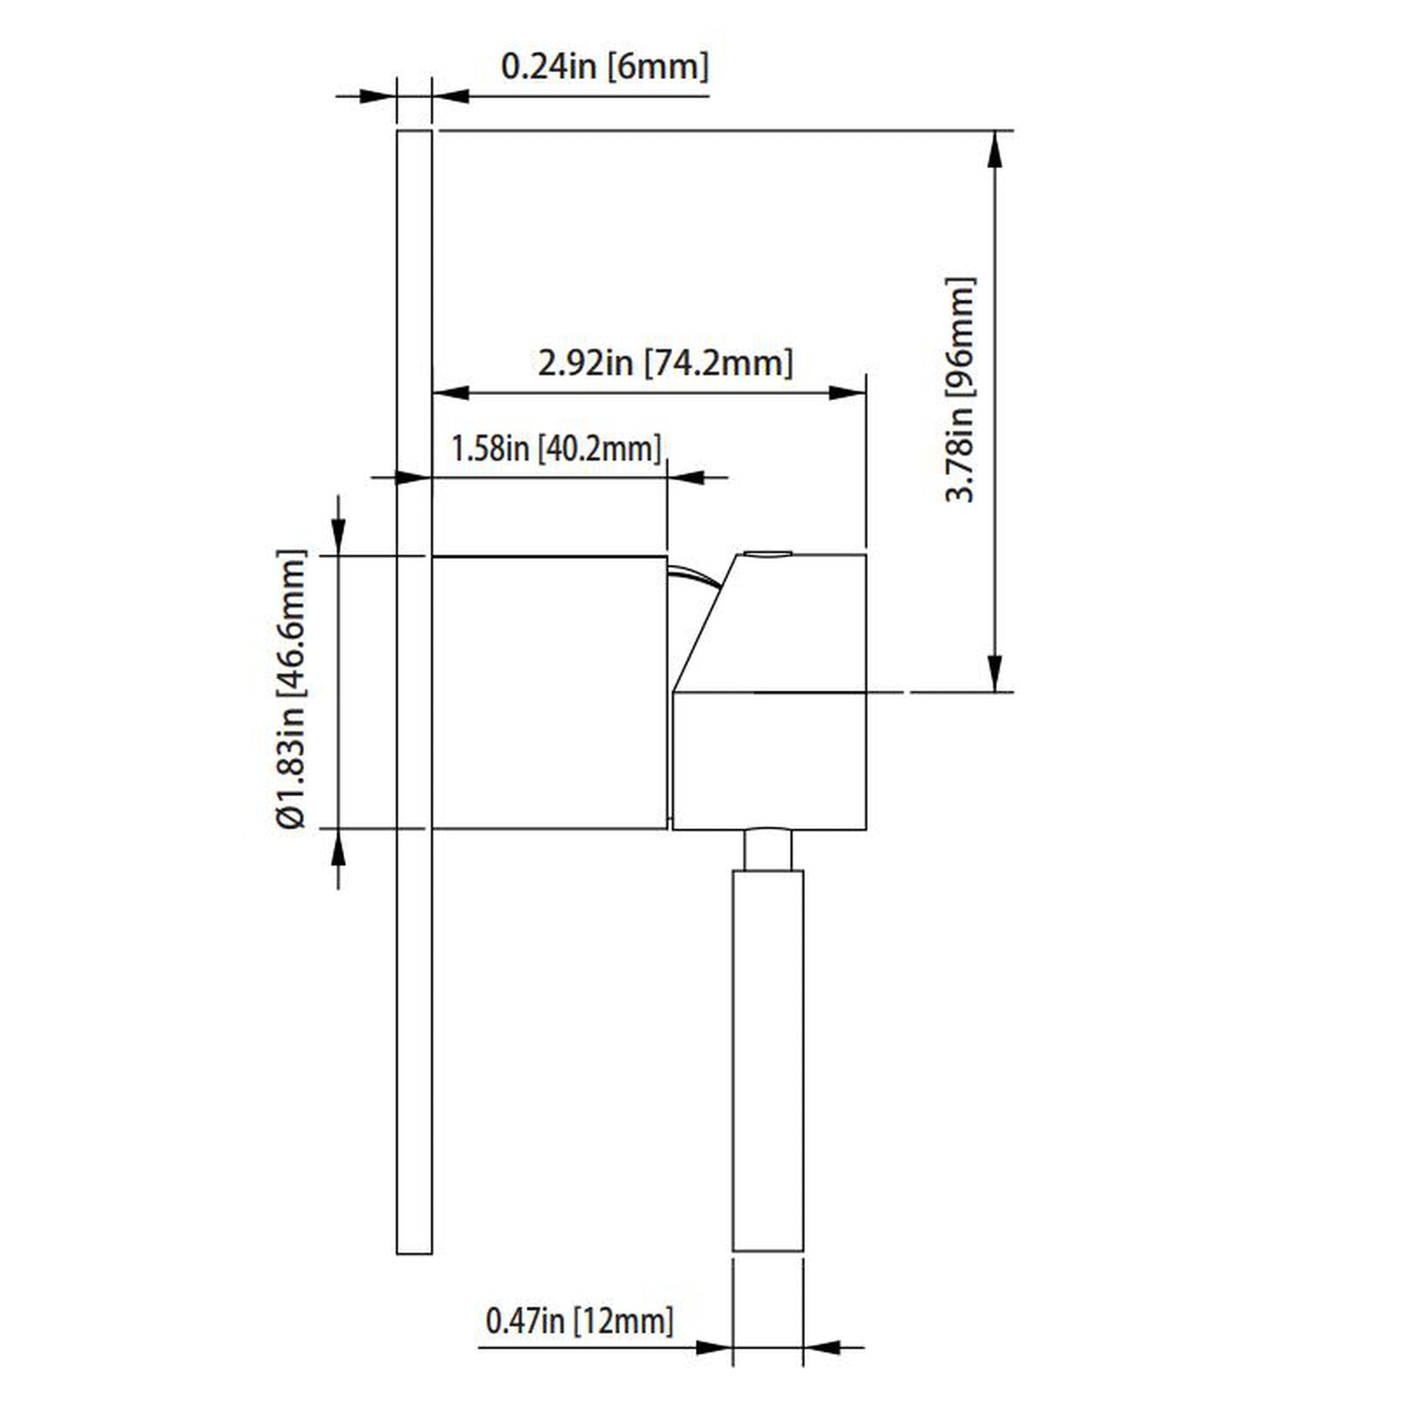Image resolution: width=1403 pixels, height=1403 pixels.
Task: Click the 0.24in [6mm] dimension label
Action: click(x=604, y=67)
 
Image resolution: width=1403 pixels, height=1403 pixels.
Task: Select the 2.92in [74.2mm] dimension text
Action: click(x=665, y=363)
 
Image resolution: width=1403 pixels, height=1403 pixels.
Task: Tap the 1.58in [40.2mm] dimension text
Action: click(x=557, y=448)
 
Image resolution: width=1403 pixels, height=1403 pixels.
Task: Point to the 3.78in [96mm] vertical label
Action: click(x=960, y=389)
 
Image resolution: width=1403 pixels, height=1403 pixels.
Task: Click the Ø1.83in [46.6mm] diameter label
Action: click(x=292, y=690)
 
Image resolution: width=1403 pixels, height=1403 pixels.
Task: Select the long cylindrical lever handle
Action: click(x=768, y=1061)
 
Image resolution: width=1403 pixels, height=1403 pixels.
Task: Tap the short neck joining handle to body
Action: click(x=768, y=849)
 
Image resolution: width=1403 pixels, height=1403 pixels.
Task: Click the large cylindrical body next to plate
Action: click(x=549, y=692)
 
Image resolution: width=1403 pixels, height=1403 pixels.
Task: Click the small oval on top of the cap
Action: click(x=769, y=554)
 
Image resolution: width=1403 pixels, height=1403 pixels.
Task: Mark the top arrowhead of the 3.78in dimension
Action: click(x=995, y=149)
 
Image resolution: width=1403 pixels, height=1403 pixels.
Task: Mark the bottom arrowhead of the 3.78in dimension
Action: click(x=995, y=673)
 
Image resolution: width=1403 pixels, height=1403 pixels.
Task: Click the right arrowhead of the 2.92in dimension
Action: click(x=846, y=393)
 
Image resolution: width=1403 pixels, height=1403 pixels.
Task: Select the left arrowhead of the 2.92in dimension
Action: click(x=450, y=393)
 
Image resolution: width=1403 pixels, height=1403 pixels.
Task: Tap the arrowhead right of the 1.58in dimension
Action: click(x=686, y=477)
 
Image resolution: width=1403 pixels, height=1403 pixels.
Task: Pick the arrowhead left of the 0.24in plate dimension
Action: click(x=378, y=96)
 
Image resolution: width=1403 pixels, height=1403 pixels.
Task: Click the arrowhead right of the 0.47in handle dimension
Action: click(x=823, y=1347)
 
